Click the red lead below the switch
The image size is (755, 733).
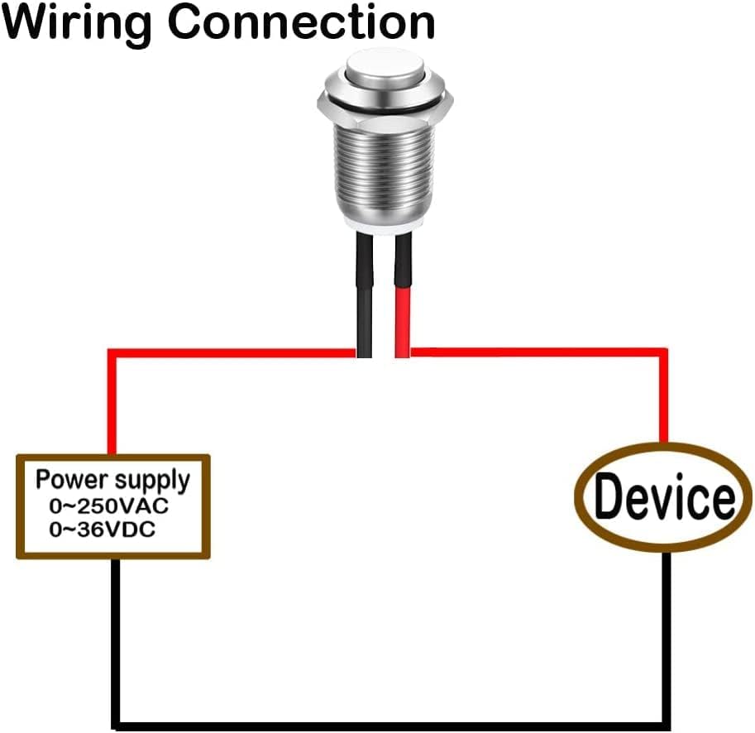(x=403, y=298)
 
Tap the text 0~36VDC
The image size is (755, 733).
(x=103, y=529)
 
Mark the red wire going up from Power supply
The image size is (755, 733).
(x=111, y=405)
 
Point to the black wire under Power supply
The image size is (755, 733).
(x=117, y=637)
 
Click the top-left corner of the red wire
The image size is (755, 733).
(x=112, y=353)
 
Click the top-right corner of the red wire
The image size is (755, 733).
(x=663, y=353)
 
